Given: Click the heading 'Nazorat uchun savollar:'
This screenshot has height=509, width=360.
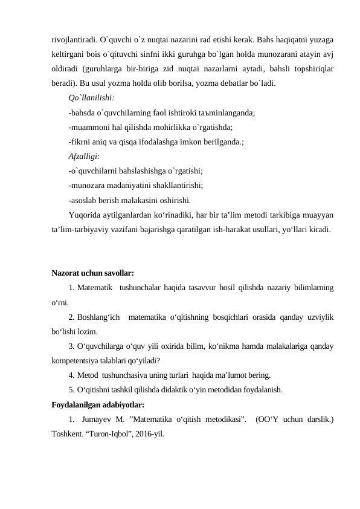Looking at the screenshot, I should [x=92, y=273].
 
